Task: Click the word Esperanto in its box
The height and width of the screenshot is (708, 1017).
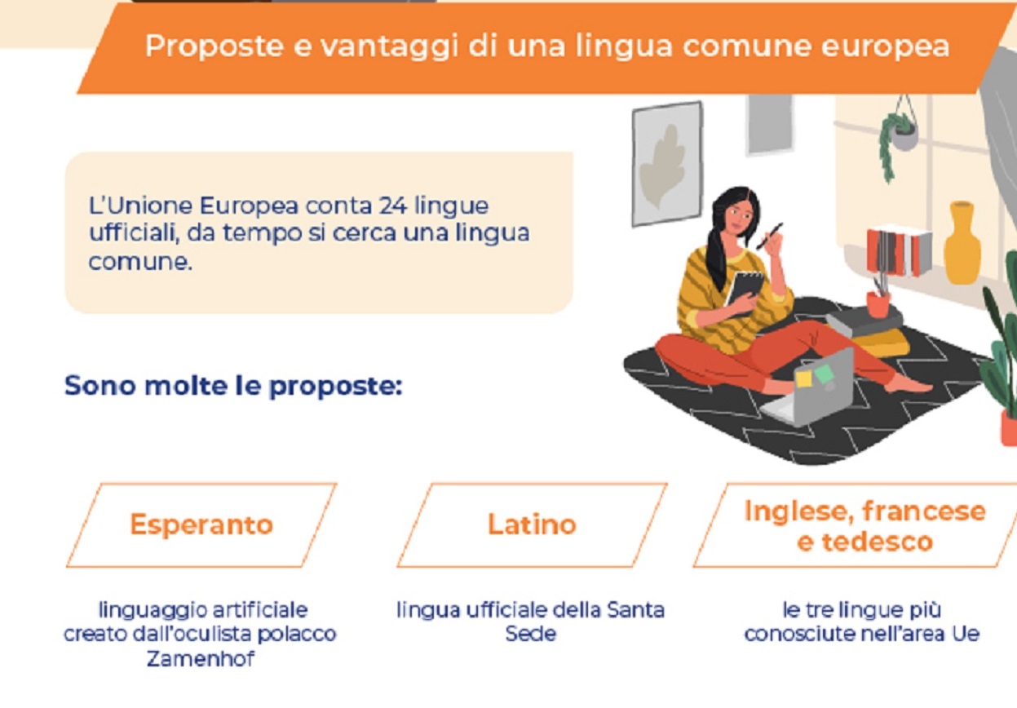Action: (201, 525)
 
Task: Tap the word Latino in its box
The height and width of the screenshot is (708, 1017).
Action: (532, 524)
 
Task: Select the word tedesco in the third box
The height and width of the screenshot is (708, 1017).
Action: (878, 542)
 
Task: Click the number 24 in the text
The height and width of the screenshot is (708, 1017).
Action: (393, 206)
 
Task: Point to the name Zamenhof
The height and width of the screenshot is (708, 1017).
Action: (201, 658)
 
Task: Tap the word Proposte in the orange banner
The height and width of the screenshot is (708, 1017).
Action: (214, 46)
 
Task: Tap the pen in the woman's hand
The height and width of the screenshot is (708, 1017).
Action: (769, 236)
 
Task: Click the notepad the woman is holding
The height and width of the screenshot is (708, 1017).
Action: (745, 290)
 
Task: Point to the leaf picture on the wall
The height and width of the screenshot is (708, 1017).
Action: (666, 164)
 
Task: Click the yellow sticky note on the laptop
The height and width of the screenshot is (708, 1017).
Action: (803, 378)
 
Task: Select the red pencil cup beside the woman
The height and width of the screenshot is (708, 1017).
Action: (878, 304)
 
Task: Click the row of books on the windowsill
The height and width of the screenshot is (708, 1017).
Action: (898, 250)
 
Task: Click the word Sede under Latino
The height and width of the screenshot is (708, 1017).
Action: (530, 634)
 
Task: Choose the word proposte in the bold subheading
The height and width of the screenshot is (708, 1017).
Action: (335, 387)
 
